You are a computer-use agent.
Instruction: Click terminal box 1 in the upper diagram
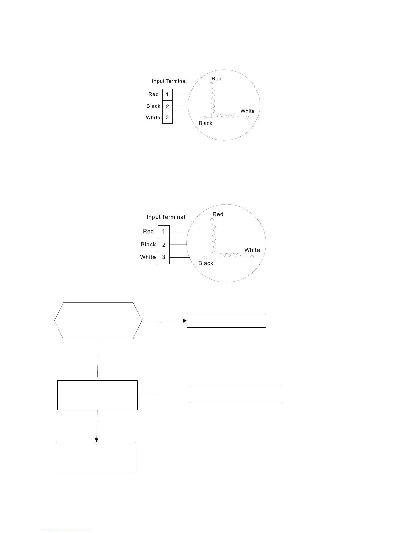pos(167,95)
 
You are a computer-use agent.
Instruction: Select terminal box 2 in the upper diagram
pos(167,106)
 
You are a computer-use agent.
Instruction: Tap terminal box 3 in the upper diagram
pos(167,118)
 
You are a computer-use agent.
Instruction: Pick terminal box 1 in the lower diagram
pos(164,232)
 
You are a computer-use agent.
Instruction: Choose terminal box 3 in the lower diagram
pos(164,257)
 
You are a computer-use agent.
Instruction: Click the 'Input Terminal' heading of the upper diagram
pos(169,81)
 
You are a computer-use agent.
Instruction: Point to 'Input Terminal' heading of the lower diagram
pos(166,217)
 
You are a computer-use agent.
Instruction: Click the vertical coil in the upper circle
pos(213,101)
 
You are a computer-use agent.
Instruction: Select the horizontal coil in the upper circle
pos(227,116)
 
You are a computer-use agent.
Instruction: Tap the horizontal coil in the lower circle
pos(230,256)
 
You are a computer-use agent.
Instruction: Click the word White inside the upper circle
pos(247,111)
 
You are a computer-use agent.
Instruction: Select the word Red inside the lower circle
pos(218,214)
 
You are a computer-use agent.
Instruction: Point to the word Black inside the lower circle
pos(206,263)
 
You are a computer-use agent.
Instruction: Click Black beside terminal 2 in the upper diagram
pos(153,106)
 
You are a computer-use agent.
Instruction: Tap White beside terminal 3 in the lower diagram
pos(148,257)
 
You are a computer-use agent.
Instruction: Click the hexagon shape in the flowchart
pos(98,321)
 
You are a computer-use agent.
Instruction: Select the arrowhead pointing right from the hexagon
pos(185,321)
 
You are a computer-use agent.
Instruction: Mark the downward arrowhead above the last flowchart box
pos(97,440)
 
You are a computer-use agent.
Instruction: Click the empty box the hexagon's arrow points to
pos(226,321)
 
